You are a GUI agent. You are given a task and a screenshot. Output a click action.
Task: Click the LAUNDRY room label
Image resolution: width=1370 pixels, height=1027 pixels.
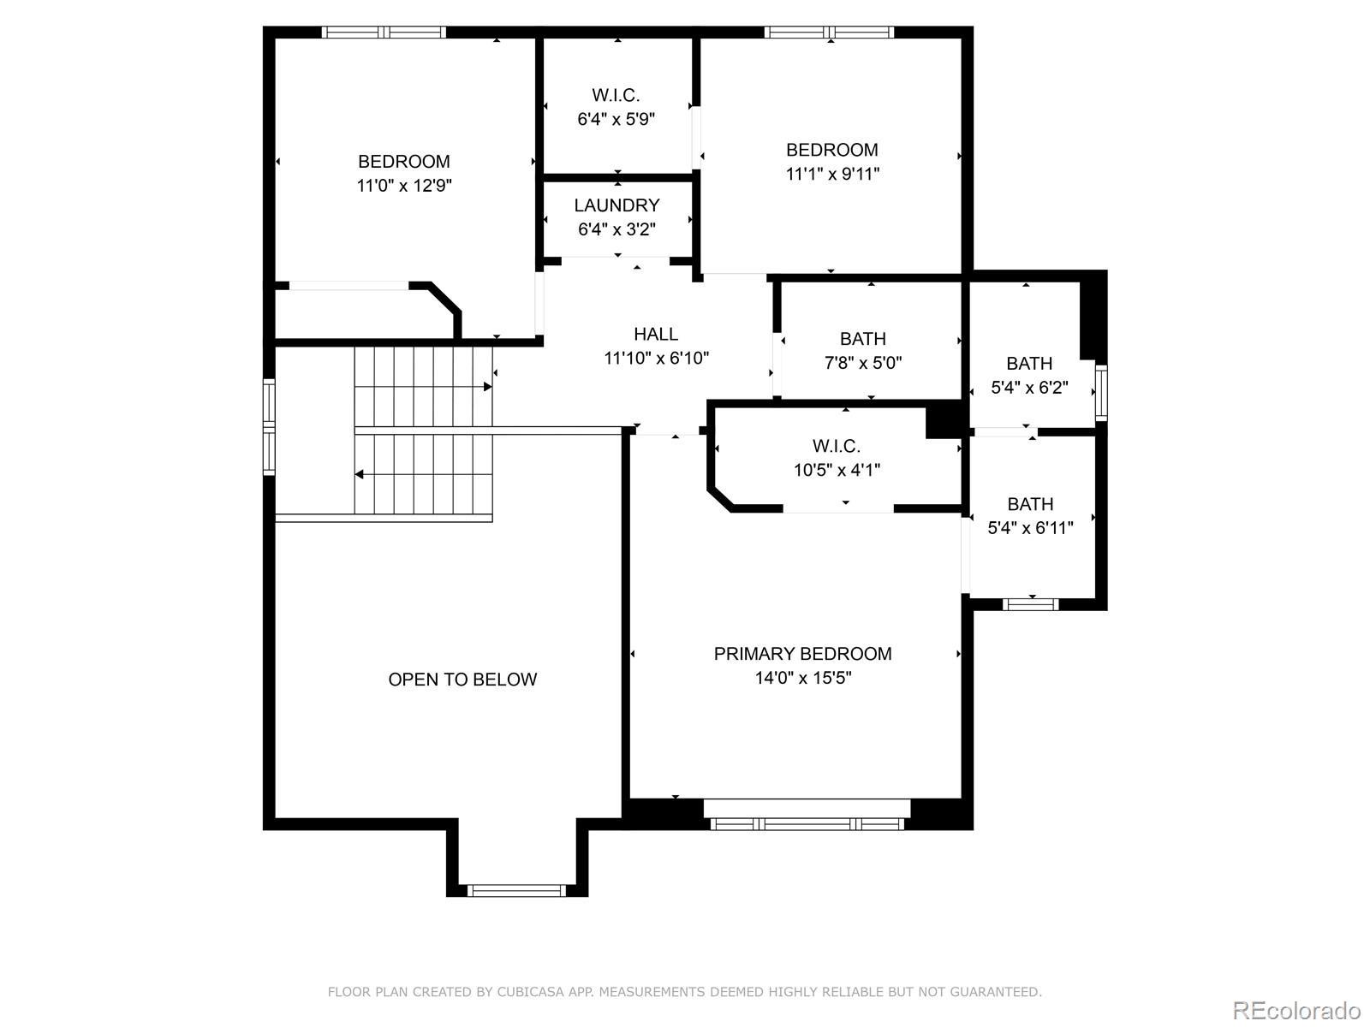tap(616, 205)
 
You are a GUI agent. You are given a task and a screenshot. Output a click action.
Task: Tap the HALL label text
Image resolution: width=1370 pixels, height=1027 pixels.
tap(656, 335)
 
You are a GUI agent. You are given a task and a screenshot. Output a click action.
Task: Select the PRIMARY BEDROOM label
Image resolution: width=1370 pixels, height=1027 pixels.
tap(802, 654)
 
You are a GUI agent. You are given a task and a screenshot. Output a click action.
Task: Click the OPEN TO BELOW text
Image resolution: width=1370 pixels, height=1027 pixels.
tap(462, 679)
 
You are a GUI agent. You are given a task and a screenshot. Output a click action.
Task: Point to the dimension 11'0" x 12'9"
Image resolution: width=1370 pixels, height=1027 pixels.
tap(404, 186)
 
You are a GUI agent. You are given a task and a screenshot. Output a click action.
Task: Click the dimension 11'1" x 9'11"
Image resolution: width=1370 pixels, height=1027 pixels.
tap(832, 174)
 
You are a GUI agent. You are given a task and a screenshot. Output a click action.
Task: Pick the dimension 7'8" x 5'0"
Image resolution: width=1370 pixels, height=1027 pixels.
tap(863, 363)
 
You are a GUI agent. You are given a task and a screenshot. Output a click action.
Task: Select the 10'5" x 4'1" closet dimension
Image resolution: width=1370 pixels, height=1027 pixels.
tap(837, 470)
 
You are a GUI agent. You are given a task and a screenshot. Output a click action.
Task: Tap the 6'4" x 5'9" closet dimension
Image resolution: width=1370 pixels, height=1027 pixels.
tap(616, 119)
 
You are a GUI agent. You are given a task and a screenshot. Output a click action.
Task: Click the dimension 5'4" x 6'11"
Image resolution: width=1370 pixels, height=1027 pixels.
tap(1030, 528)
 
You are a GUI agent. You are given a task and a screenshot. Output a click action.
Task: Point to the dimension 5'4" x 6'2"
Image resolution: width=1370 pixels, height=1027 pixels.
tap(1030, 388)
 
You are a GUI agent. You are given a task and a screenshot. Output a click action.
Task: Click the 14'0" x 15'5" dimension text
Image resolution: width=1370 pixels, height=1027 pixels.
tap(803, 678)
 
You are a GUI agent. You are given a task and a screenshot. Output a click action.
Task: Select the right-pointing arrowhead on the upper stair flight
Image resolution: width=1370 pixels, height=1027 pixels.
tap(487, 387)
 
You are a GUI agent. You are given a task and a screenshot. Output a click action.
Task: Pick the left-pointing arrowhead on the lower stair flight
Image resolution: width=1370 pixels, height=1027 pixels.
tap(360, 474)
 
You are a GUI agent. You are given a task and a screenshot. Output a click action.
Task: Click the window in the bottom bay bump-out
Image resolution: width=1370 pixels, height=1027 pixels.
tap(517, 890)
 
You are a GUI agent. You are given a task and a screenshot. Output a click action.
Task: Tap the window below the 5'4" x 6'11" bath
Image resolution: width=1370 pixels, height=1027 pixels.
tap(1030, 604)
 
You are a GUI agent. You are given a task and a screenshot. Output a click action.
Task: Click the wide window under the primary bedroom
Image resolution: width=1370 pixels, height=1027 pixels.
tap(807, 824)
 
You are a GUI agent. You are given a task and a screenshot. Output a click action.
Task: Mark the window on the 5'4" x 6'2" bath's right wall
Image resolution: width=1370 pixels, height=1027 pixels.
tap(1102, 393)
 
